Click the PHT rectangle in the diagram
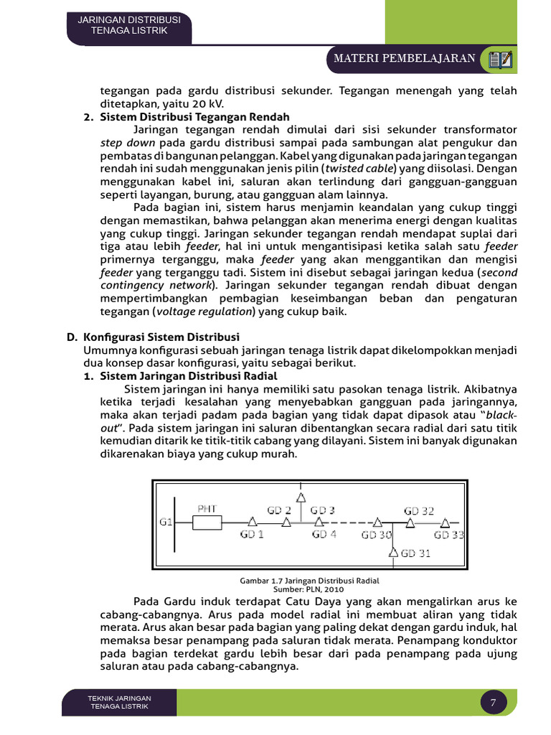coord(207,523)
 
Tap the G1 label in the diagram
coord(165,522)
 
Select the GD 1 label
coord(252,535)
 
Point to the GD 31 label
coord(417,553)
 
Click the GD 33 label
coord(449,535)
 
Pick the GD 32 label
coord(419,510)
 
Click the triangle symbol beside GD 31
coord(393,553)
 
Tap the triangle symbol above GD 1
coord(252,523)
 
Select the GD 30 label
coord(377,535)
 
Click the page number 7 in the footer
coord(493,703)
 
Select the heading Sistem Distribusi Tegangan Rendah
coord(194,117)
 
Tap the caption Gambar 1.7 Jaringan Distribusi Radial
coord(309,580)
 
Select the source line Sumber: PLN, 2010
coord(309,589)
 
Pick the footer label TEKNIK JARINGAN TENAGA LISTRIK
coord(119,702)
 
